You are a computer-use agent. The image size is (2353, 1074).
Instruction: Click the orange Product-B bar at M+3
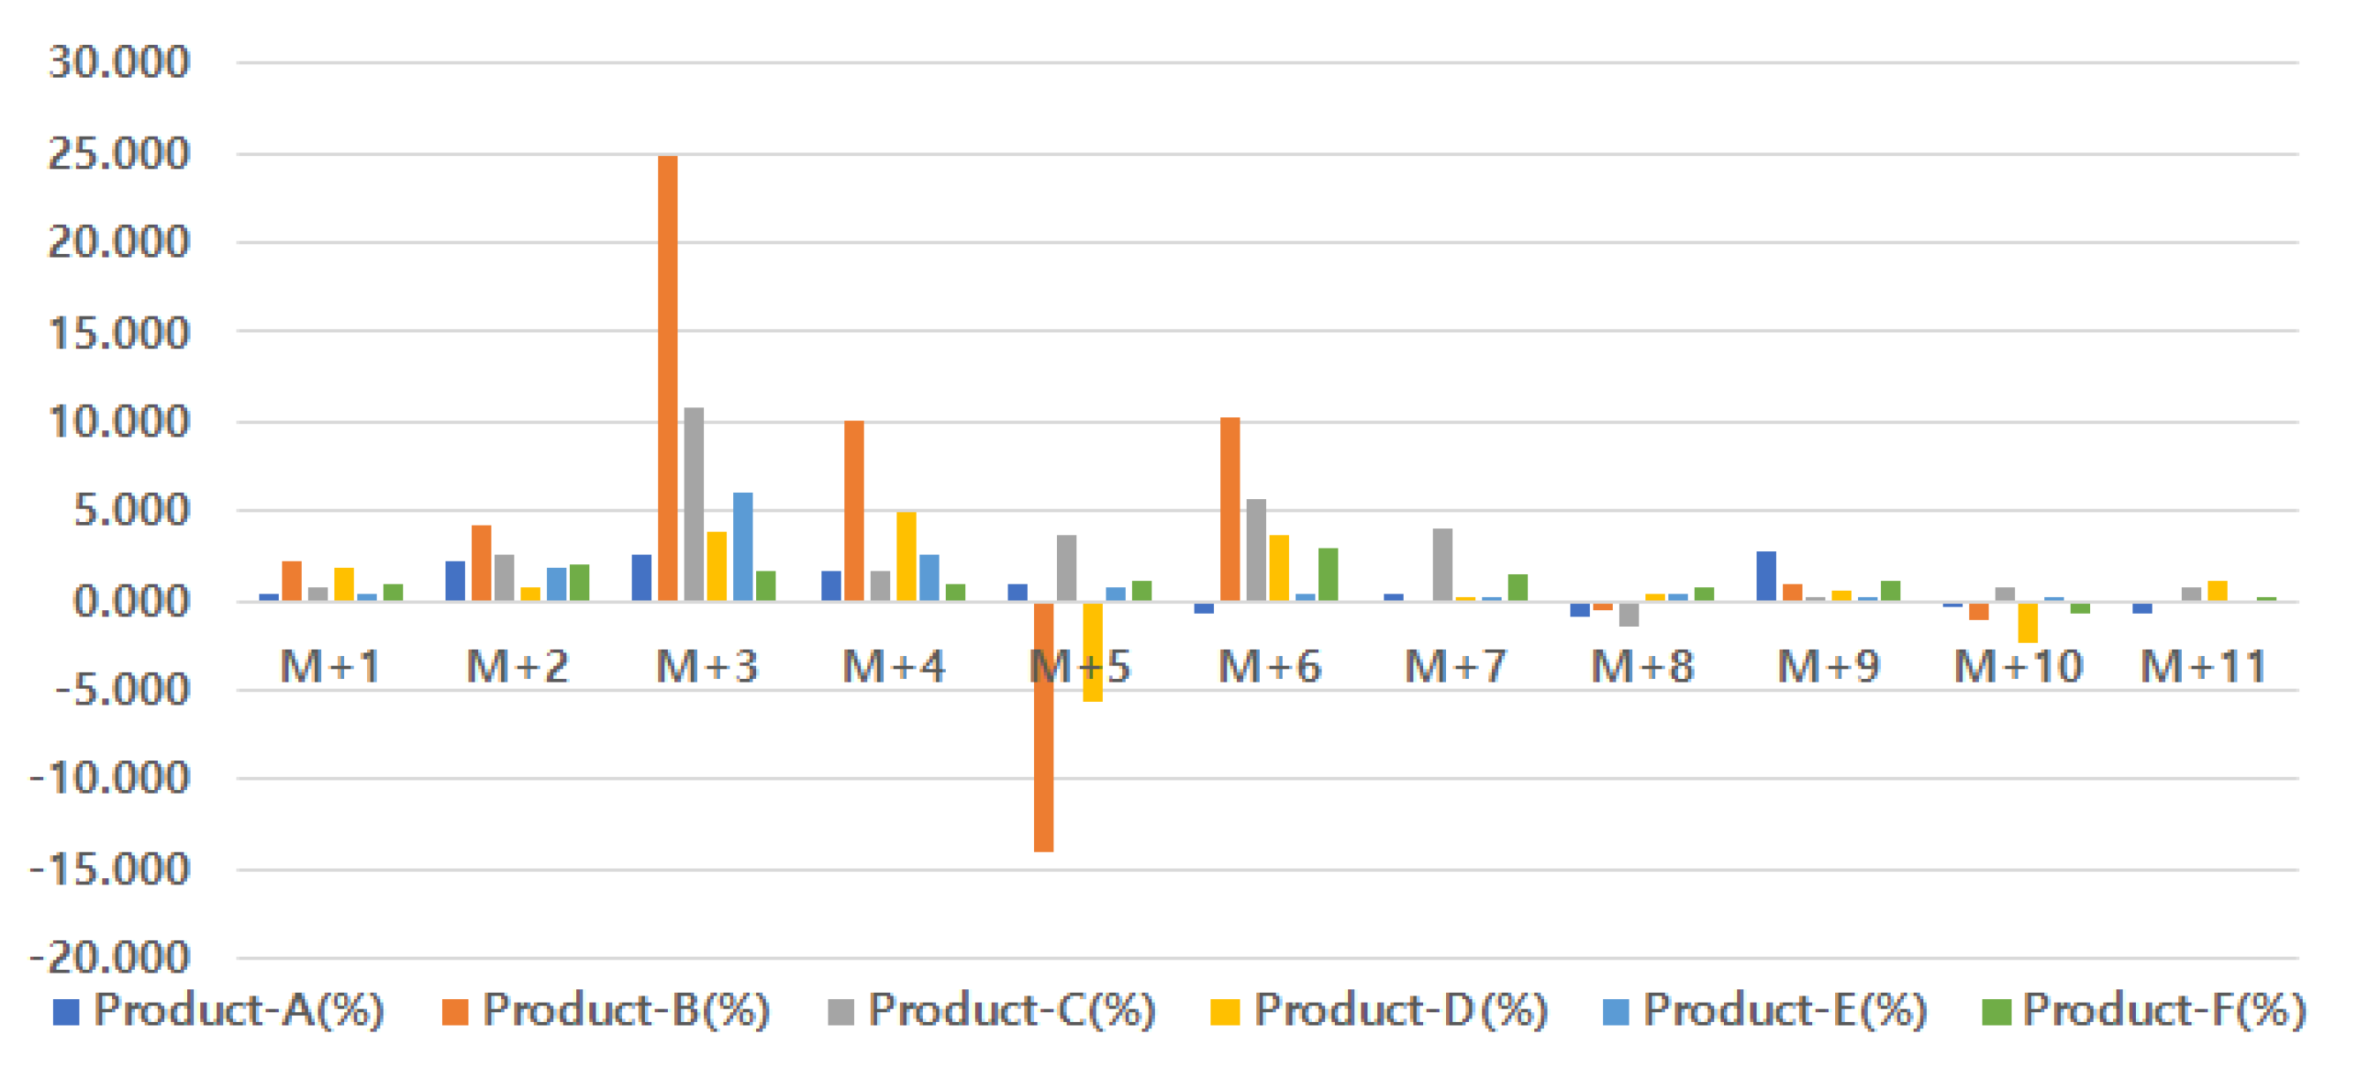(x=668, y=378)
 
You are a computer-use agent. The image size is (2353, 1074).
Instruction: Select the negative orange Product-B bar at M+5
(x=1043, y=726)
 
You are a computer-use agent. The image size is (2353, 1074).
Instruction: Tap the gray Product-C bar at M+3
(x=694, y=504)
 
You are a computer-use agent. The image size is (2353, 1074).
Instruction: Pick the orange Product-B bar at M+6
(x=1231, y=509)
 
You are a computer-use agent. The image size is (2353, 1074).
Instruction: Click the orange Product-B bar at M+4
(x=854, y=511)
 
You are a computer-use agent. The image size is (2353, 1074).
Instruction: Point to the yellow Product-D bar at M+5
(x=1092, y=651)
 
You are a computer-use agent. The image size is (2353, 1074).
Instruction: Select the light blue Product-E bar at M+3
(x=743, y=546)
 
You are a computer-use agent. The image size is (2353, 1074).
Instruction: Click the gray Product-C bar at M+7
(x=1443, y=564)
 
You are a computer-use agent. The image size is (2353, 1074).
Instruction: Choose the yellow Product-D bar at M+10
(x=2027, y=622)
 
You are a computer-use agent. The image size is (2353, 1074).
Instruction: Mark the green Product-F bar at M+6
(x=1328, y=573)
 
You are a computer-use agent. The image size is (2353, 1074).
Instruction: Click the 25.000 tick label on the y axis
(x=119, y=153)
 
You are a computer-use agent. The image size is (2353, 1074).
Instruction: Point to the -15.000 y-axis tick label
(x=109, y=869)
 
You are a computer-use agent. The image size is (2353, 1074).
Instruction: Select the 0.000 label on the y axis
(x=131, y=601)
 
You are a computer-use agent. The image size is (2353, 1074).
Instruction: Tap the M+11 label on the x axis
(x=2203, y=667)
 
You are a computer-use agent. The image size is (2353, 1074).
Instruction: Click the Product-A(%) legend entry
(x=219, y=1011)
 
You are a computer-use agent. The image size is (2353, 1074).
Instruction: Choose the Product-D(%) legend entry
(x=1379, y=1011)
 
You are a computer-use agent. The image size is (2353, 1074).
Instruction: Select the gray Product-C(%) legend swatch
(x=840, y=1012)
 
